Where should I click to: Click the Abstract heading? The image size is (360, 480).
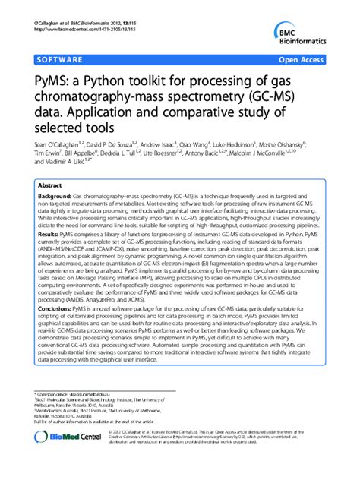(x=49, y=185)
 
